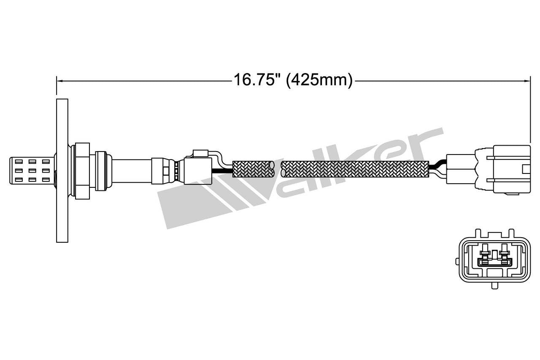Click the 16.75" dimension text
[x=257, y=80]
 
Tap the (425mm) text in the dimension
[x=319, y=80]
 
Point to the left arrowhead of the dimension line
[x=59, y=80]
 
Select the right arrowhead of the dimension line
[x=527, y=80]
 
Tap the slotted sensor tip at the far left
[x=32, y=171]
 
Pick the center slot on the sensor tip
[x=32, y=171]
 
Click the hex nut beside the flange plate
[x=81, y=171]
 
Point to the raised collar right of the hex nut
[x=101, y=171]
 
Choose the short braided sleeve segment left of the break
[x=254, y=169]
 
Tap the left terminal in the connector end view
[x=485, y=257]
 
